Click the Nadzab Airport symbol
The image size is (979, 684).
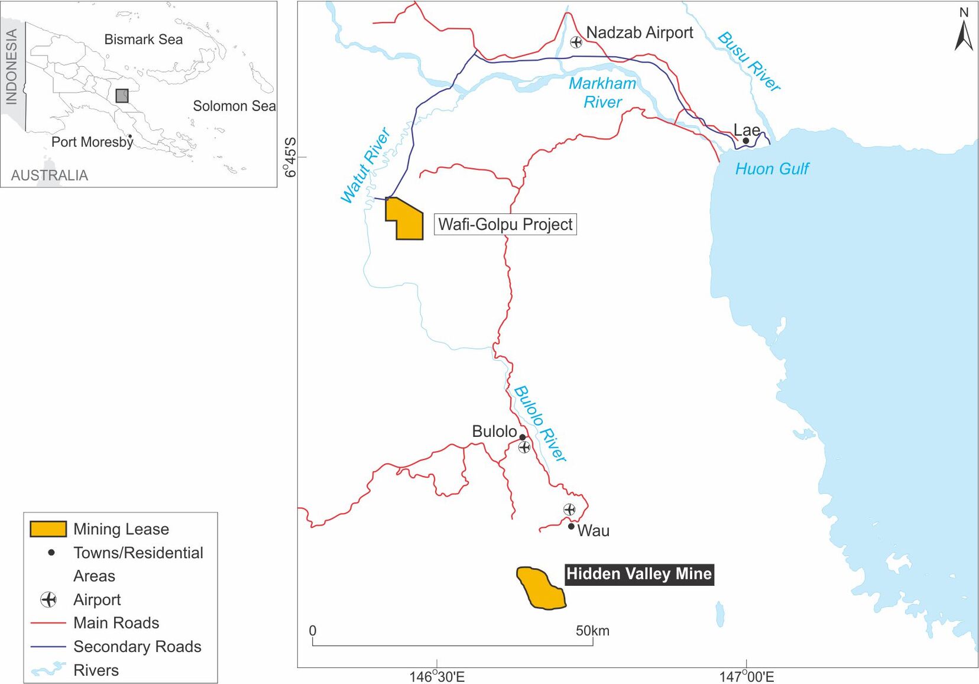tap(576, 42)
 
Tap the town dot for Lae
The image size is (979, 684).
tap(746, 141)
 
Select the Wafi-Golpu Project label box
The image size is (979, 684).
tap(505, 225)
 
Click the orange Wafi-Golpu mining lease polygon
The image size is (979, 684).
tap(408, 222)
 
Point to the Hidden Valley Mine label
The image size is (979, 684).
tap(639, 574)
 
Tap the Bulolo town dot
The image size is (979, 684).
tap(523, 437)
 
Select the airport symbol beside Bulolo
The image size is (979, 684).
tap(524, 448)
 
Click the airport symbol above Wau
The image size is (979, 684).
tap(569, 510)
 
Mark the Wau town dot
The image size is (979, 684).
tap(571, 526)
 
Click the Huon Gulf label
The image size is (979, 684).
tap(771, 169)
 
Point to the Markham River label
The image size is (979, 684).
tap(602, 93)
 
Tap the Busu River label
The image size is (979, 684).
tap(749, 62)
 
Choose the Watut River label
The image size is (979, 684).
tap(365, 166)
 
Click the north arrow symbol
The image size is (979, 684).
tap(964, 35)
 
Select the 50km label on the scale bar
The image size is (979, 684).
tap(592, 631)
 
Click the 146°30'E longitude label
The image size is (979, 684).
tap(437, 676)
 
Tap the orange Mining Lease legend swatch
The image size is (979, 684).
tap(48, 529)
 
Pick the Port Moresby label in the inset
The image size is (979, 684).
tap(92, 142)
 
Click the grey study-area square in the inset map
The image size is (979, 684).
tap(122, 96)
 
